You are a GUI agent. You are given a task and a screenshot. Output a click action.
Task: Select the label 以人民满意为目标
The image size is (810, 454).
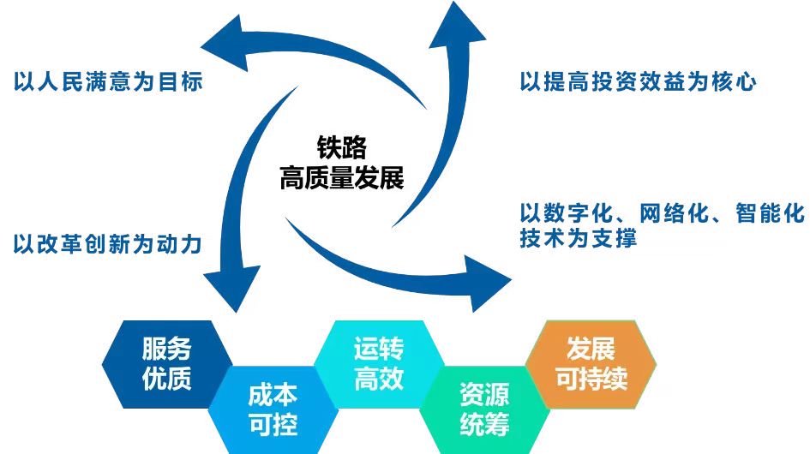click(x=108, y=82)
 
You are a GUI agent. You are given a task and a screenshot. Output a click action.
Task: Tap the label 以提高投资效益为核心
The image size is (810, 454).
click(x=638, y=82)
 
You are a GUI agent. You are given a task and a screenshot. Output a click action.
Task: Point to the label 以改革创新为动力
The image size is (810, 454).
click(x=108, y=244)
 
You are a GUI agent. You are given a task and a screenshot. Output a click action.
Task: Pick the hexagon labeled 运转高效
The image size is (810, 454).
click(x=379, y=363)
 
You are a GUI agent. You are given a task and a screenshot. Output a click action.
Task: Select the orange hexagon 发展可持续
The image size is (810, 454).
click(x=591, y=363)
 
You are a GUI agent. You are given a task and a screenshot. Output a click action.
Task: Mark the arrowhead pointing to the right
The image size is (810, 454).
click(x=492, y=278)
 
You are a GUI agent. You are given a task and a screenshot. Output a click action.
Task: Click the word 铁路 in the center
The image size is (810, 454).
click(x=342, y=146)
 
